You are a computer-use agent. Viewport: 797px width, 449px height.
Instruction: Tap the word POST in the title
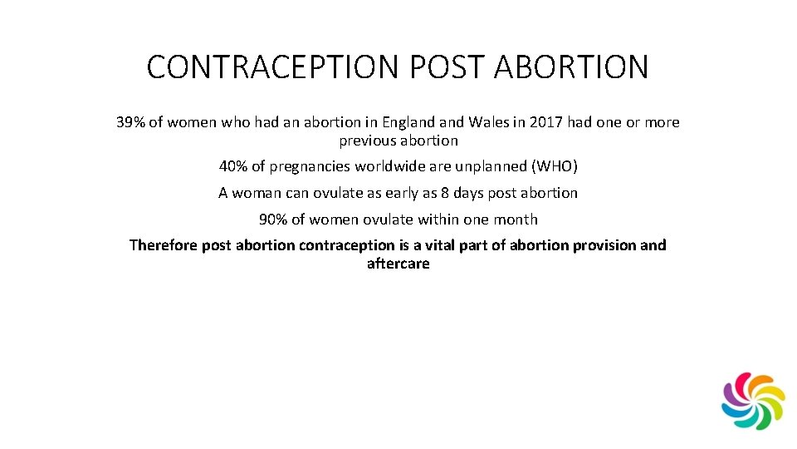pyautogui.click(x=436, y=67)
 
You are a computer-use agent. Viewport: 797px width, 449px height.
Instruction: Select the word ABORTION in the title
pyautogui.click(x=572, y=67)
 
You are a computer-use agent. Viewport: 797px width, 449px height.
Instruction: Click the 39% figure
pyautogui.click(x=131, y=123)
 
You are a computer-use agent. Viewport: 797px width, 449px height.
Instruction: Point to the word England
pyautogui.click(x=411, y=123)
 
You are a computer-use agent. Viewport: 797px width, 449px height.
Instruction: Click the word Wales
pyautogui.click(x=490, y=123)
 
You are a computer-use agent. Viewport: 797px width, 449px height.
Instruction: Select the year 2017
pyautogui.click(x=548, y=123)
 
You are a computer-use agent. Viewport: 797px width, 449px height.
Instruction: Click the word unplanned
pyautogui.click(x=490, y=166)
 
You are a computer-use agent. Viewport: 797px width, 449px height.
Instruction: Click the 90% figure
pyautogui.click(x=273, y=220)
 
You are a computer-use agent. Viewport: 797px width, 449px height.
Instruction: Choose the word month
pyautogui.click(x=516, y=220)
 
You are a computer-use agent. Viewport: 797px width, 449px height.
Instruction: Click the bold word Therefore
pyautogui.click(x=163, y=246)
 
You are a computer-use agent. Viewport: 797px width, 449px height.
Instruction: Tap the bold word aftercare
pyautogui.click(x=398, y=264)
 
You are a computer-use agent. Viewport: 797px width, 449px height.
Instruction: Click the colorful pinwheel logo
pyautogui.click(x=753, y=401)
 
